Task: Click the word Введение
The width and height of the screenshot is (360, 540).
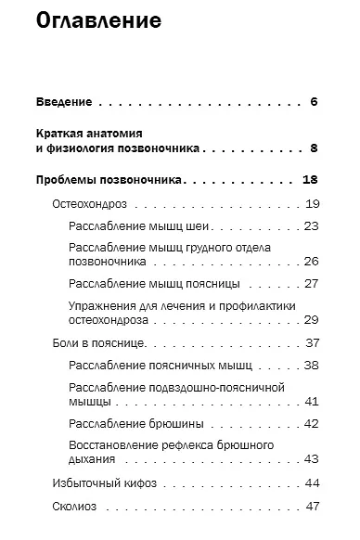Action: (x=64, y=101)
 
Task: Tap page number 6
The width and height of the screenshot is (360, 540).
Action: (x=315, y=101)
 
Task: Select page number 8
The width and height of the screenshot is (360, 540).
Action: (x=315, y=148)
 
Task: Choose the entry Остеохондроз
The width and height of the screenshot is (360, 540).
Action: (x=89, y=203)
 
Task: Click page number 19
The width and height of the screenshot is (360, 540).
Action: (x=312, y=203)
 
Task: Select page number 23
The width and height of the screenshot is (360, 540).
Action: (x=312, y=226)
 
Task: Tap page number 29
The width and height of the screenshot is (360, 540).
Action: (x=312, y=319)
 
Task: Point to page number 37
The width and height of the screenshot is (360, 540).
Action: (x=312, y=342)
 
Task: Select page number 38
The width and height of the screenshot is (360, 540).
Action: (x=312, y=366)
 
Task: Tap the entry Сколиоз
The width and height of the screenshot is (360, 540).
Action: (x=75, y=506)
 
